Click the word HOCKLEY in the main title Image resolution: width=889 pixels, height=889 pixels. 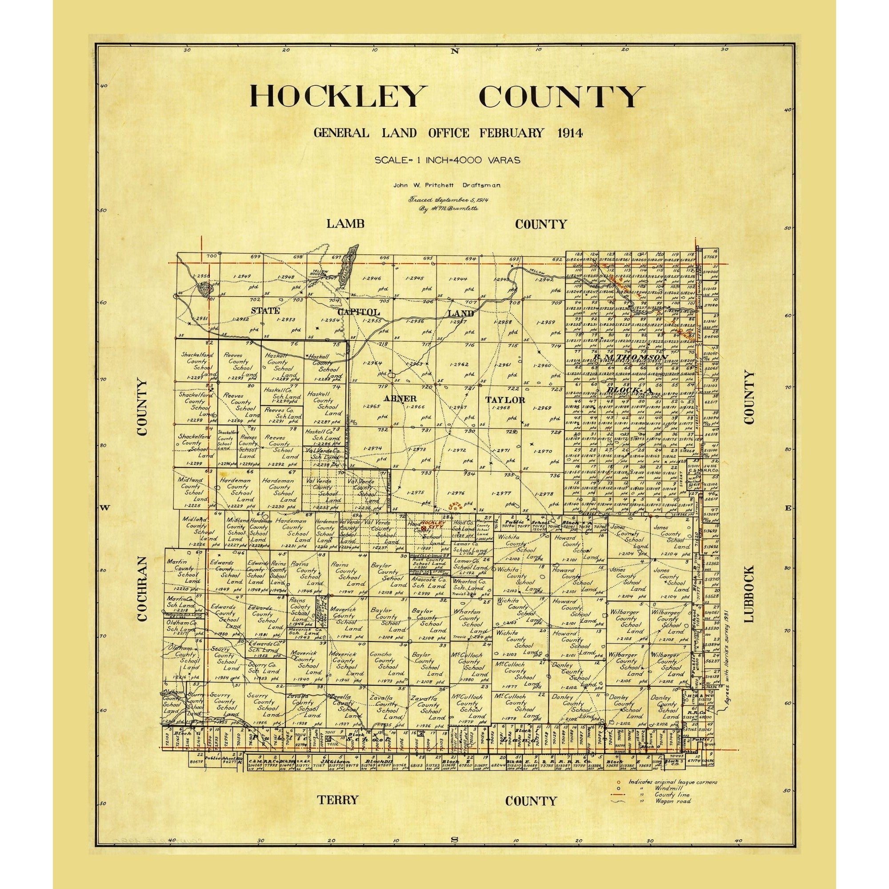click(336, 96)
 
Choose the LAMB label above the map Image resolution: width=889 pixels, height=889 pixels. click(345, 224)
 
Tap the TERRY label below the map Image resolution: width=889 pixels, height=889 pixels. click(337, 800)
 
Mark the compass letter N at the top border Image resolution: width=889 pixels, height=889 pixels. click(455, 51)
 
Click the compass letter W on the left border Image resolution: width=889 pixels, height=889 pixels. click(104, 508)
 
